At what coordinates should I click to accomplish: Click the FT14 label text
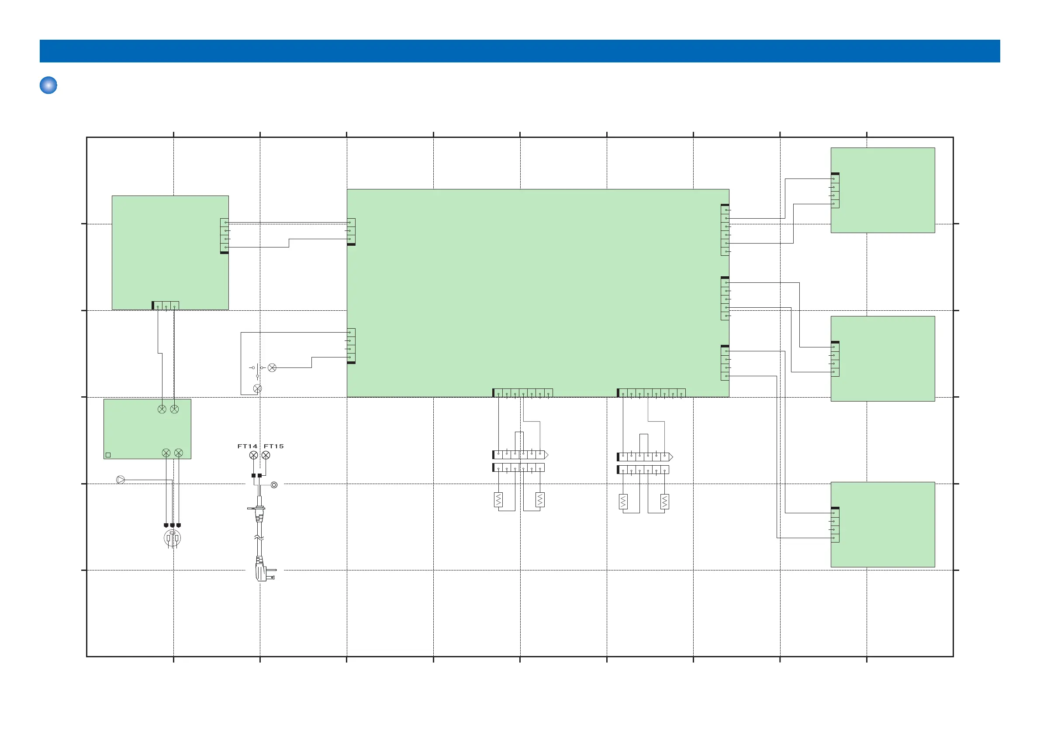pos(247,446)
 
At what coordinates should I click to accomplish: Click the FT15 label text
pos(273,446)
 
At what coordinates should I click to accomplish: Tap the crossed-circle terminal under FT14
pos(254,455)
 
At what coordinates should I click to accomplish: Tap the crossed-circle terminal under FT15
pos(266,455)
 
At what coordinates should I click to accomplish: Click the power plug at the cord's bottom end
pos(262,571)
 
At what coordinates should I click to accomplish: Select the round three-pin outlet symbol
pos(172,539)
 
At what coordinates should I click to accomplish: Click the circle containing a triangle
pos(121,479)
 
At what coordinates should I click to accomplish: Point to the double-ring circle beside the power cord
pos(274,485)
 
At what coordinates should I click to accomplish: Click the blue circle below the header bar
pos(48,85)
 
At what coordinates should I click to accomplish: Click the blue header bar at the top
pos(519,51)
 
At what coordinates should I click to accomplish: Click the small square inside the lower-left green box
pos(108,455)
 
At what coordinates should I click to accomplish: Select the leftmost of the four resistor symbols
pos(498,500)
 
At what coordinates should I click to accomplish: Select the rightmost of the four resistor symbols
pos(664,501)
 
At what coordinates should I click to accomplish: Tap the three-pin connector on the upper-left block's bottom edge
pos(166,306)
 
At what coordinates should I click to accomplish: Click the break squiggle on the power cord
pos(259,538)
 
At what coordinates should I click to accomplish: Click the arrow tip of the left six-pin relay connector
pos(546,454)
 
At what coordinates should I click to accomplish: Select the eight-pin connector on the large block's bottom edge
pos(651,393)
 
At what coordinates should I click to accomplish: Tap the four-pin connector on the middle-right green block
pos(835,359)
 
